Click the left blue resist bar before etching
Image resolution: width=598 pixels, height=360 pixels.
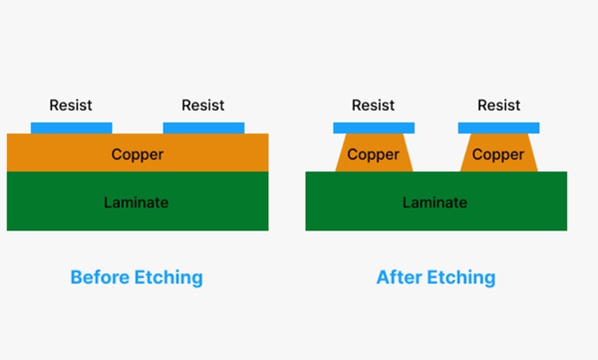click(72, 128)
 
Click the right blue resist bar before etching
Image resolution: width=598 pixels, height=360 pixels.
click(203, 128)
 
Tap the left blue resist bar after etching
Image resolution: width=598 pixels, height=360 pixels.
click(373, 128)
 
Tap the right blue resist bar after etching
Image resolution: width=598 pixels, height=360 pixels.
click(498, 128)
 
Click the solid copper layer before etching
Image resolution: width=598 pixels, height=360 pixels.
click(60, 154)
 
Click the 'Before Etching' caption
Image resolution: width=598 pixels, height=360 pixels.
click(137, 277)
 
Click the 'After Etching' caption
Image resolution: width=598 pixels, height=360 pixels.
click(436, 277)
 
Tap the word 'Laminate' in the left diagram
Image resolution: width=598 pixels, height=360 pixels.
click(137, 202)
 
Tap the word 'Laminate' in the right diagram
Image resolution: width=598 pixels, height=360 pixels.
click(436, 202)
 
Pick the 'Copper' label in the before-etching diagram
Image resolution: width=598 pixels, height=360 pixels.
click(138, 155)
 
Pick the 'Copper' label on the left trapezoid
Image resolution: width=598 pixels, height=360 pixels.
click(373, 155)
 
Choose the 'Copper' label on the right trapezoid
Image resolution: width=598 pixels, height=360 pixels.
click(498, 155)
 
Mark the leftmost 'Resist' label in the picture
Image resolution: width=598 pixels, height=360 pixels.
click(72, 105)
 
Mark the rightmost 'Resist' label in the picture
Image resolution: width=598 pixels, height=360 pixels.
click(499, 105)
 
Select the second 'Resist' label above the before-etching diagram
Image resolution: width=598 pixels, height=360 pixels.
click(202, 105)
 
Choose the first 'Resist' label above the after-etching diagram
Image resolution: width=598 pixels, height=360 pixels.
click(374, 105)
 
